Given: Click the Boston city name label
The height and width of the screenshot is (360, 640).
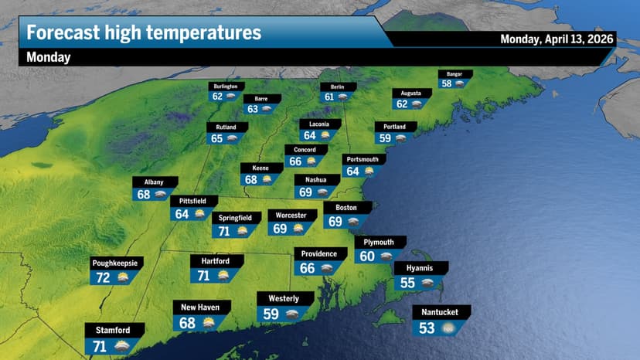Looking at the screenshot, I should [346, 208].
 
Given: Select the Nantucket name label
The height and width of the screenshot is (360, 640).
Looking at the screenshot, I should [440, 312].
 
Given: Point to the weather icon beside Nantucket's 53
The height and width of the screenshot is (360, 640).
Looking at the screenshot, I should [448, 328].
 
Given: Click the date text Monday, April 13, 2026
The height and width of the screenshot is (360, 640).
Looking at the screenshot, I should [557, 39].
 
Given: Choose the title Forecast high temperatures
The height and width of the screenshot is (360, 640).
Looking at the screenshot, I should [144, 33].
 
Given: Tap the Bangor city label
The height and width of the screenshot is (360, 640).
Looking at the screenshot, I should [454, 74].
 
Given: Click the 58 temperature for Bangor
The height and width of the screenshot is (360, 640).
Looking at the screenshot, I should [447, 84].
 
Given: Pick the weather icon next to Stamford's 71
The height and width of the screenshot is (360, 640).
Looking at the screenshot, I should [122, 346].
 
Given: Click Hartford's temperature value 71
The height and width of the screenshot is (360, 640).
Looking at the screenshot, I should [205, 275].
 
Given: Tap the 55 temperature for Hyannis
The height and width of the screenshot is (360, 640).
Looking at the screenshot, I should [407, 283].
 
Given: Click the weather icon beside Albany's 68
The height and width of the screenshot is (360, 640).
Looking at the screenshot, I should [162, 195].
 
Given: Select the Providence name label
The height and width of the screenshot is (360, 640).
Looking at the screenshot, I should [318, 254].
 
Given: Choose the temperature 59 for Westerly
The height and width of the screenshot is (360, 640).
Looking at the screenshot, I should [271, 314].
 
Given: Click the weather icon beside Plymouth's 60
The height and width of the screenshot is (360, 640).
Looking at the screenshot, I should [386, 256].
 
